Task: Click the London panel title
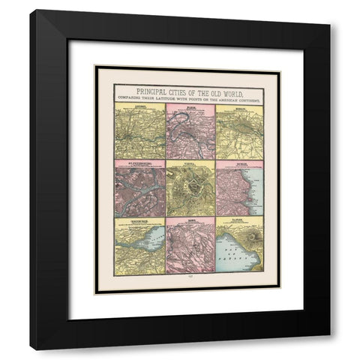click(136, 107)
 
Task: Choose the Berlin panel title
click(240, 107)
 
